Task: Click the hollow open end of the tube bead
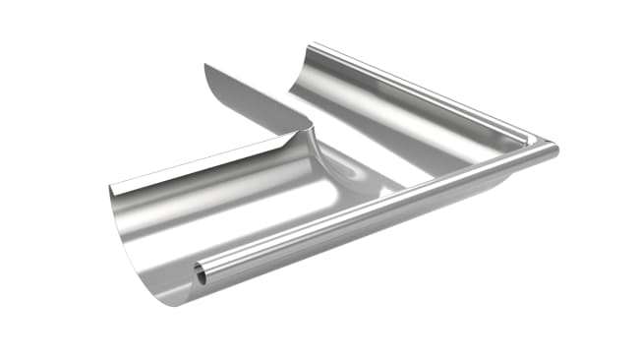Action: pyautogui.click(x=201, y=274)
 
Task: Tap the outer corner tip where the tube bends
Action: pyautogui.click(x=553, y=149)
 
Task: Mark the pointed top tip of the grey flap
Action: pyautogui.click(x=205, y=65)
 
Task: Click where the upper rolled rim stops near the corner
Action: pyautogui.click(x=532, y=141)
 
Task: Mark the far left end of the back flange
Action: pyautogui.click(x=110, y=188)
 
